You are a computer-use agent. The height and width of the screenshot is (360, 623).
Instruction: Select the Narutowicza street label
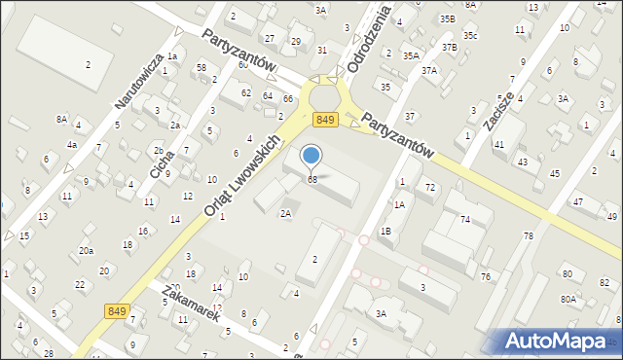137,80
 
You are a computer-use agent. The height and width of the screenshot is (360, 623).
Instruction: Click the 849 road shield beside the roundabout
325,119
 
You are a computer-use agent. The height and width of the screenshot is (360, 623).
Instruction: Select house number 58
202,67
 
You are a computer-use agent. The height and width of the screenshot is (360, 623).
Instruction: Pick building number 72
429,186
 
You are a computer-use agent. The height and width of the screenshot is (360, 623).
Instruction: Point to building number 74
465,220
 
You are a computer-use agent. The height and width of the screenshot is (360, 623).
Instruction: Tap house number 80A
568,299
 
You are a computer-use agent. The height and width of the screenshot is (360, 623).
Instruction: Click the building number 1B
385,231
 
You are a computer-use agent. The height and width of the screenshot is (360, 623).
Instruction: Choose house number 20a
87,250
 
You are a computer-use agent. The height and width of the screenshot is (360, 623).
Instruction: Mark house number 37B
449,47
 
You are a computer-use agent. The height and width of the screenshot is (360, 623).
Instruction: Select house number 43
522,162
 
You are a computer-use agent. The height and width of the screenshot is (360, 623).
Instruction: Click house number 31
322,50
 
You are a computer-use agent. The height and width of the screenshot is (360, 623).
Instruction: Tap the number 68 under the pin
312,180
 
